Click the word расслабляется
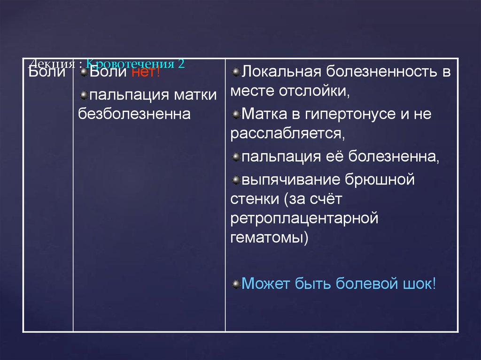tap(287, 134)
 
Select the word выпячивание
tap(289, 180)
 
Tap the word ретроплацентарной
tap(304, 218)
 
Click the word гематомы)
tap(269, 237)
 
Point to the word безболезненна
tap(134, 114)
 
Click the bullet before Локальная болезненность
tap(236, 71)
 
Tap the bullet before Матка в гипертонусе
tap(236, 113)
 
